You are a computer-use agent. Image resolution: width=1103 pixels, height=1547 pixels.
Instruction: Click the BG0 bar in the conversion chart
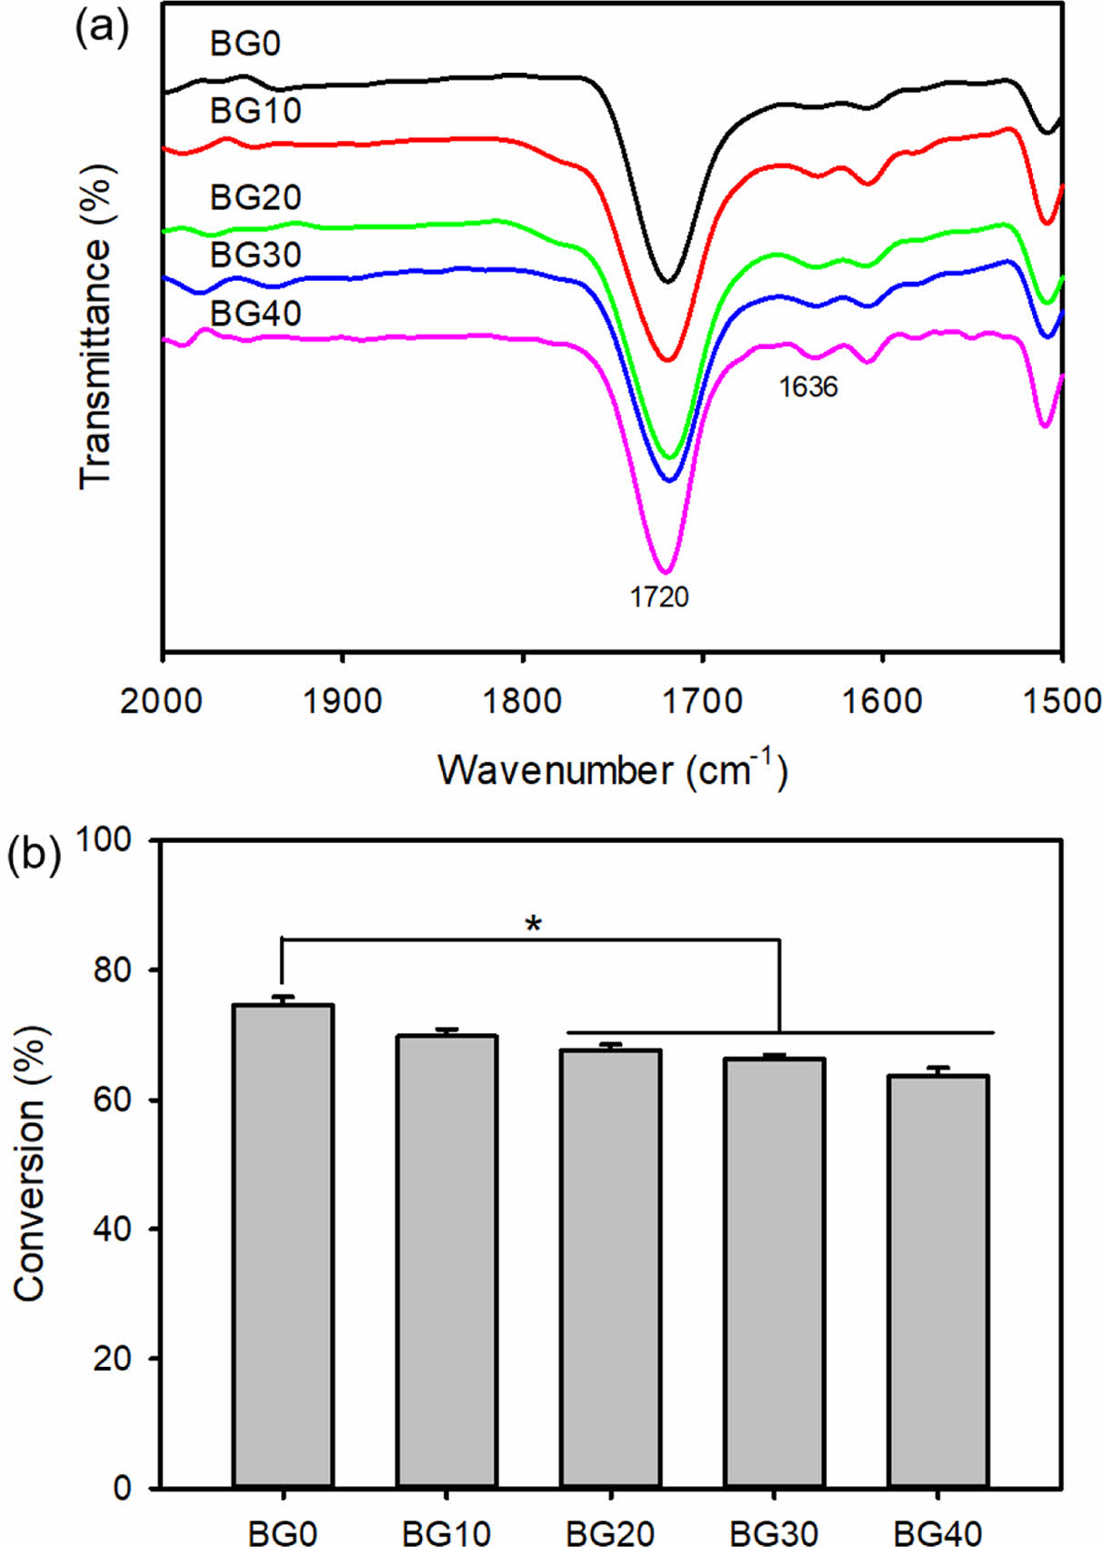tap(283, 1246)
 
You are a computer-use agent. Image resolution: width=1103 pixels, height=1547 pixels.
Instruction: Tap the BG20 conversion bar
tap(610, 1268)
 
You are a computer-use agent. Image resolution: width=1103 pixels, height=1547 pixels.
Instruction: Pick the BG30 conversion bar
tap(774, 1272)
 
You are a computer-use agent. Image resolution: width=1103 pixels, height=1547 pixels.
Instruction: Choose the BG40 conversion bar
tap(938, 1281)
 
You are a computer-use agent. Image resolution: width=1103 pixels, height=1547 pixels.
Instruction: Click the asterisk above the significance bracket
tap(534, 926)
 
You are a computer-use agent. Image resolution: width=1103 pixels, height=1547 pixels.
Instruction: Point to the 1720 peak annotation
tap(660, 597)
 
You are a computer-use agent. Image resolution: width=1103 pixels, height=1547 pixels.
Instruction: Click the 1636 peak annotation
tap(807, 387)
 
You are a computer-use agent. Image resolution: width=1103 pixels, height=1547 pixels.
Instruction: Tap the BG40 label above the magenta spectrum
tap(256, 313)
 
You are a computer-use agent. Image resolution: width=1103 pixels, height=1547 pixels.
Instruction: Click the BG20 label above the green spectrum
tap(256, 197)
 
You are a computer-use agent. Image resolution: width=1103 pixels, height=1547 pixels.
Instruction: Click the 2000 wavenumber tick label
tap(162, 702)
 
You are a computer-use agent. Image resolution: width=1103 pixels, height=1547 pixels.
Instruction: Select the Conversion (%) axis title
tap(29, 1164)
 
